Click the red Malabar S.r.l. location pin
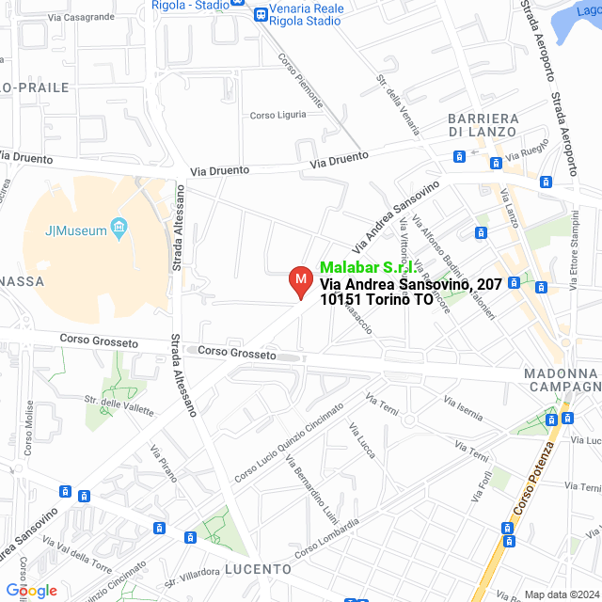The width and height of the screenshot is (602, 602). coord(300,281)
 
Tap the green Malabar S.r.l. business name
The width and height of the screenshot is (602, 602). coord(367,267)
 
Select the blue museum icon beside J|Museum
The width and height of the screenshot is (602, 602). coord(119,228)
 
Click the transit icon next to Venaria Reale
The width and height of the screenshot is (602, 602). coord(260,14)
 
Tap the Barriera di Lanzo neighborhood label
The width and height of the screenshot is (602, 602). coord(483,124)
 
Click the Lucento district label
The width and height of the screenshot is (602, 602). coord(258,569)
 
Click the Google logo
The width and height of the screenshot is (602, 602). coord(30,590)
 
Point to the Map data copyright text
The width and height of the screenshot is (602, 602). coord(561,594)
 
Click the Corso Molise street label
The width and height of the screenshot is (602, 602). coord(31,433)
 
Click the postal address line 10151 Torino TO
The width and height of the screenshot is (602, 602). coord(376,300)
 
